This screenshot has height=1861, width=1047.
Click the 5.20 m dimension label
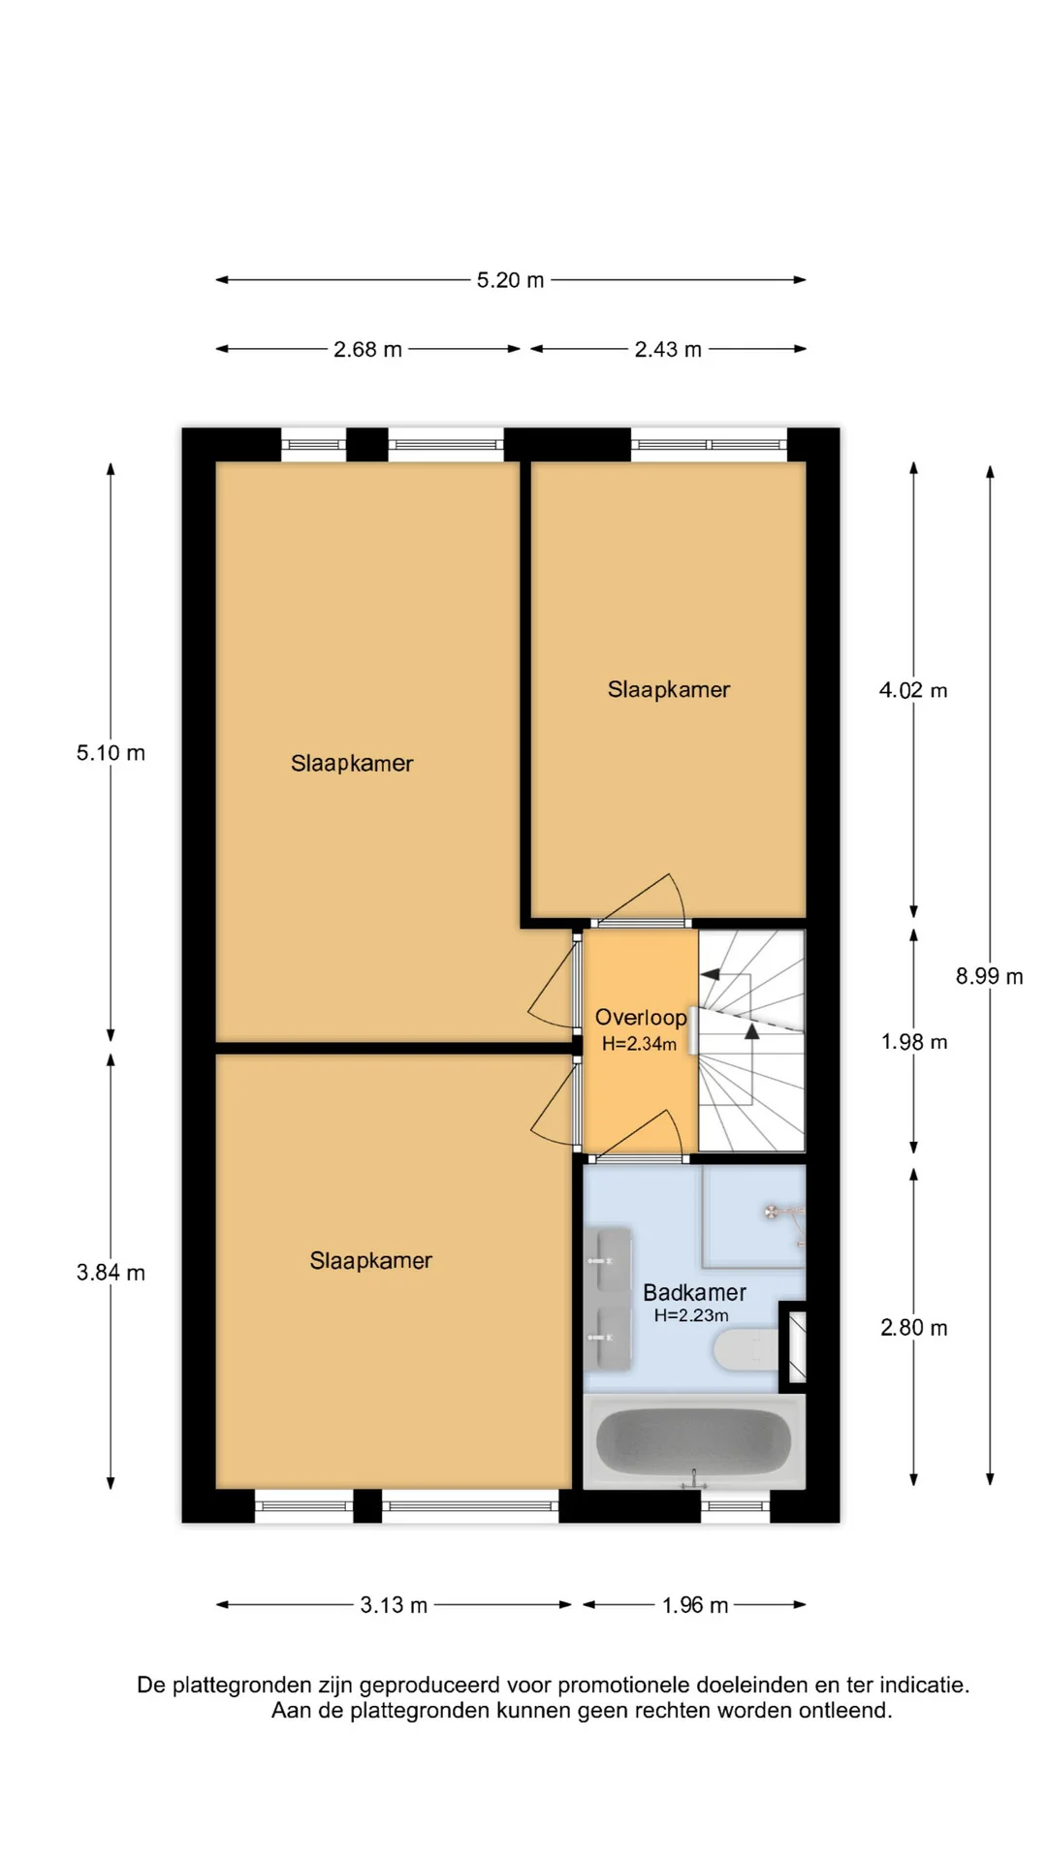(x=510, y=280)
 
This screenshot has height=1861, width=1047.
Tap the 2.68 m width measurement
(x=367, y=349)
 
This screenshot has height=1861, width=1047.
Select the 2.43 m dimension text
(x=668, y=349)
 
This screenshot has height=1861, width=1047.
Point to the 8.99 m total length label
(x=989, y=976)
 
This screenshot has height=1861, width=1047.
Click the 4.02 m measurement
(x=913, y=690)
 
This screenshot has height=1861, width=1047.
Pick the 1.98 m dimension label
(x=914, y=1042)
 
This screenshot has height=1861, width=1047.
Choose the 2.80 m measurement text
(x=914, y=1328)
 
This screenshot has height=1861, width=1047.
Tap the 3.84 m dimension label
(x=111, y=1273)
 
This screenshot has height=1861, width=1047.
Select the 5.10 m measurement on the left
(x=111, y=753)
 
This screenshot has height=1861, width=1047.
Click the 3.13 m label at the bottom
(x=394, y=1605)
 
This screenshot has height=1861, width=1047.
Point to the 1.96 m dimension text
(x=695, y=1605)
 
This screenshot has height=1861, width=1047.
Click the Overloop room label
(x=641, y=1018)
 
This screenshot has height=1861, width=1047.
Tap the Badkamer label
(x=694, y=1293)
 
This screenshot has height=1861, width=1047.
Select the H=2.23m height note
(x=691, y=1315)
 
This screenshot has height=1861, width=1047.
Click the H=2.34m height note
(x=639, y=1044)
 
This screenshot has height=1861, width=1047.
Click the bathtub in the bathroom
(x=694, y=1441)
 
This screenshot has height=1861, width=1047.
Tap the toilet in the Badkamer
(x=746, y=1349)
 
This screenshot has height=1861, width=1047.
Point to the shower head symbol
(x=773, y=1212)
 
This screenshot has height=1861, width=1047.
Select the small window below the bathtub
(x=735, y=1506)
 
